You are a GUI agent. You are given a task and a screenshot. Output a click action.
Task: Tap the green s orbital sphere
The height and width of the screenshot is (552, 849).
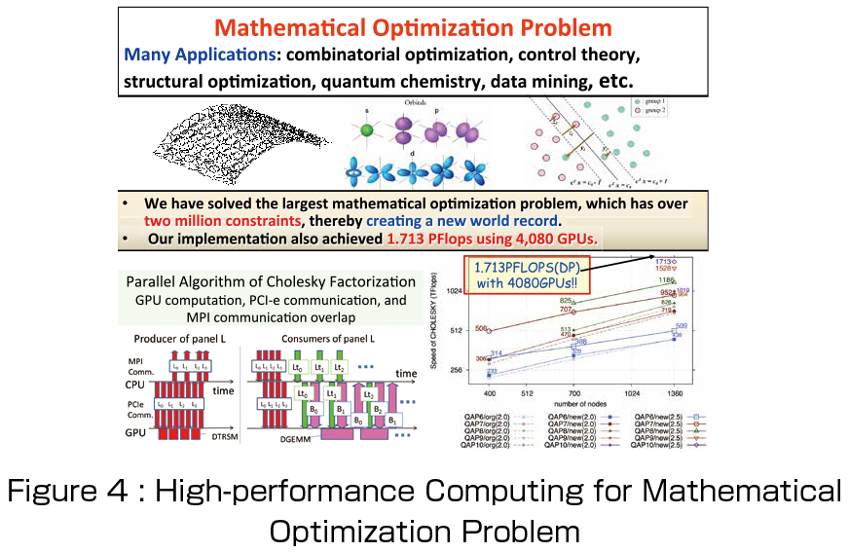tap(366, 129)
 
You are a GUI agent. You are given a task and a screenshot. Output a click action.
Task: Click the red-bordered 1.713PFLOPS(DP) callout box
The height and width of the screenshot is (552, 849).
tap(529, 274)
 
